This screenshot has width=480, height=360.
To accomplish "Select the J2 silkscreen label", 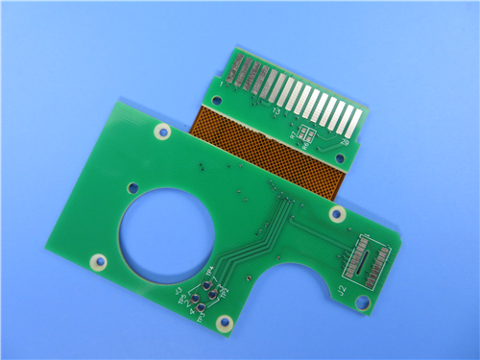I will (343, 288).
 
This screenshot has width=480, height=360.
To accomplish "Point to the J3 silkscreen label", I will (179, 293).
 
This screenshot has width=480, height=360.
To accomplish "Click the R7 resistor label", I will (293, 136).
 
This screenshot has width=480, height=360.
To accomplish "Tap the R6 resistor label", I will (305, 147).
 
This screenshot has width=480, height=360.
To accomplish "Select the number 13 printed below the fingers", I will (276, 112).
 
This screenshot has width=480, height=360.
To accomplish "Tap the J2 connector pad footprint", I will (369, 259).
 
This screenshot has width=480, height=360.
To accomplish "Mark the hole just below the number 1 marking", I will (215, 97).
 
